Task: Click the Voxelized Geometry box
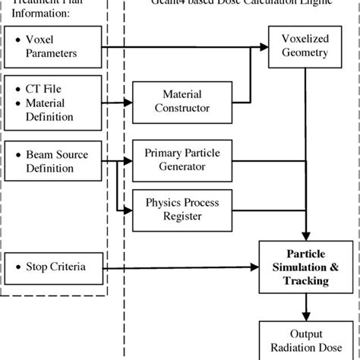(x=305, y=46)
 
